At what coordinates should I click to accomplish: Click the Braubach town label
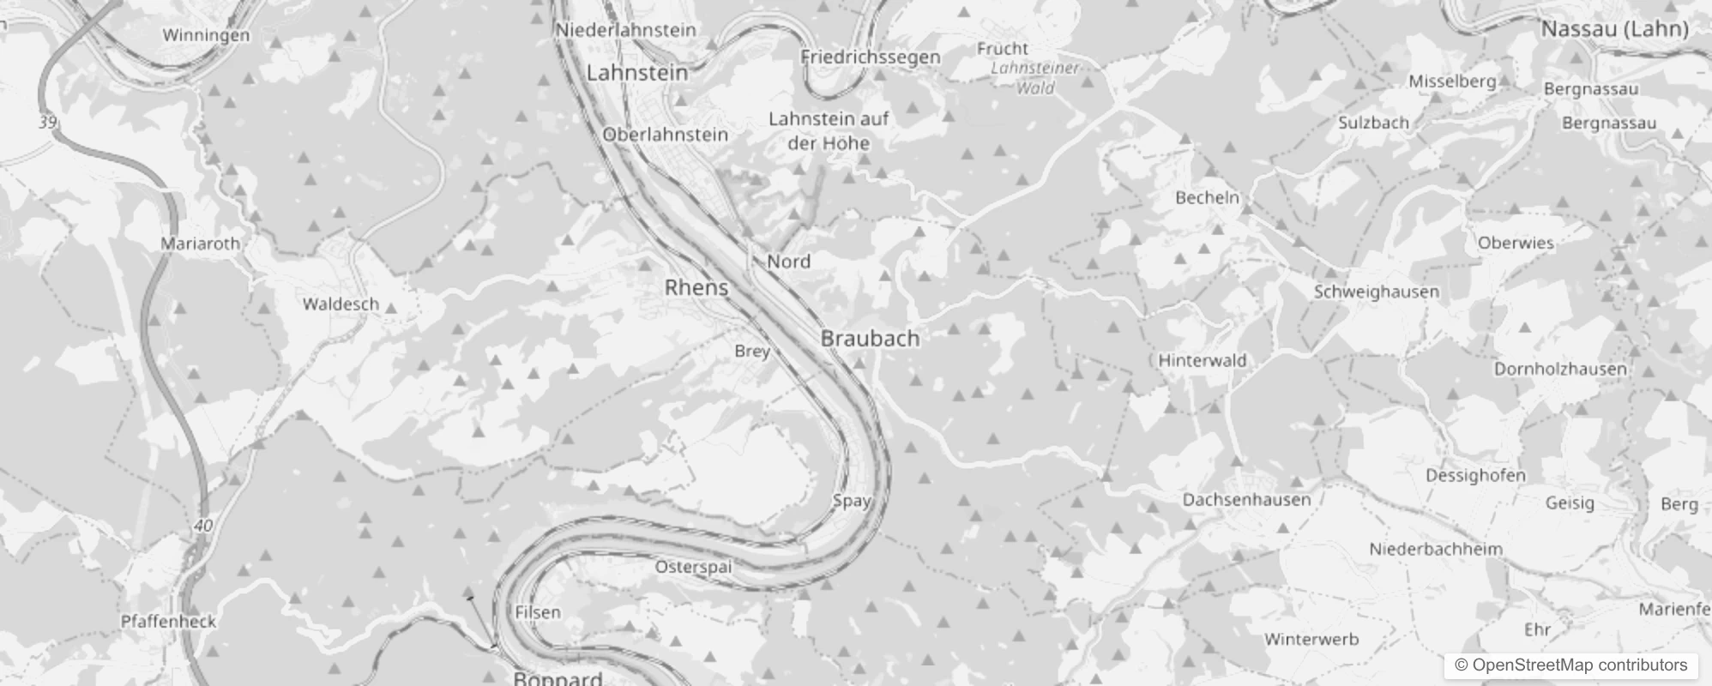(870, 339)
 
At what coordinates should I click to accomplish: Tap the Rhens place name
(696, 288)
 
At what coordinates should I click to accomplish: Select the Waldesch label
(341, 304)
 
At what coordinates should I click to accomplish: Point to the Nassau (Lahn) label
(1614, 29)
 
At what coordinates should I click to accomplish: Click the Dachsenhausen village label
(1246, 500)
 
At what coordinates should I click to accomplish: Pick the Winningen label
(206, 35)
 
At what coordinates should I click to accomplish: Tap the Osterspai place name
(693, 567)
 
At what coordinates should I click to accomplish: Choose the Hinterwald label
(1202, 361)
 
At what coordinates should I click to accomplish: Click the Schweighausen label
(1376, 292)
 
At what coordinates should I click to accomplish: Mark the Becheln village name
(1207, 198)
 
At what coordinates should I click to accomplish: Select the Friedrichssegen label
(870, 57)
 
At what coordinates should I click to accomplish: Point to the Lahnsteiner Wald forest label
(1034, 77)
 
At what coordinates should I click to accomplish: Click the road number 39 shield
(48, 123)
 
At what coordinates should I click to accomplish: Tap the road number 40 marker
(203, 526)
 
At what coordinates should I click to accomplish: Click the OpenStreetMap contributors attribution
(1570, 665)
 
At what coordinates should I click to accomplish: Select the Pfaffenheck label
(168, 622)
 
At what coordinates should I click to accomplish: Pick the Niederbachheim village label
(1435, 550)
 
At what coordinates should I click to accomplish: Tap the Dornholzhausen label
(1559, 370)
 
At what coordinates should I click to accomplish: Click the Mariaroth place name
(201, 244)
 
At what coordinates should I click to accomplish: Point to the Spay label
(851, 501)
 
